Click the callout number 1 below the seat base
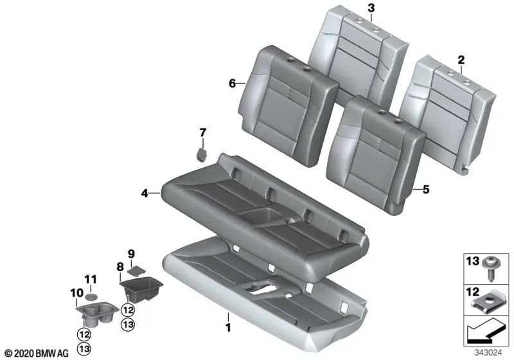tap(227, 317)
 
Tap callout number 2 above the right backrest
tap(461, 60)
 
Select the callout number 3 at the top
tap(371, 8)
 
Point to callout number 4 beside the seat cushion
tap(145, 192)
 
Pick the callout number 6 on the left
tap(233, 83)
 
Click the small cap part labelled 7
tap(200, 155)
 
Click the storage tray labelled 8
tap(141, 287)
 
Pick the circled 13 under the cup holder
tap(84, 348)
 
